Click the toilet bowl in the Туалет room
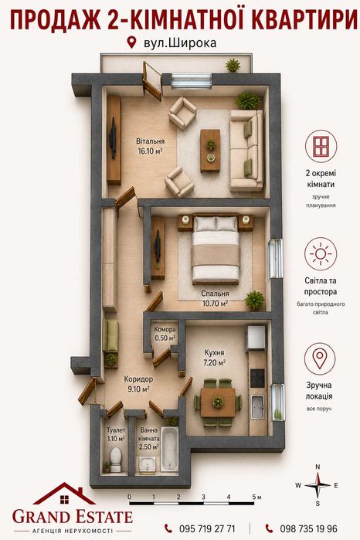(x=116, y=460)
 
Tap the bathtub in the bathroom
(x=169, y=450)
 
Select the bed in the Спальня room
(x=216, y=249)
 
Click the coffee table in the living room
(x=210, y=151)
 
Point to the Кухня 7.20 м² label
(x=214, y=358)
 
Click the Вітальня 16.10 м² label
(x=150, y=146)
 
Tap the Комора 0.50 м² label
(x=165, y=334)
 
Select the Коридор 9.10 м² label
(x=138, y=384)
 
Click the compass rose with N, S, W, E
(x=318, y=485)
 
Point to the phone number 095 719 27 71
(x=207, y=528)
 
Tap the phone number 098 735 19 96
(x=308, y=528)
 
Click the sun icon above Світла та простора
(x=321, y=254)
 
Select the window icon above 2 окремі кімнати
(x=321, y=146)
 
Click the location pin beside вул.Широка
(x=131, y=42)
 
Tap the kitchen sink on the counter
(x=257, y=406)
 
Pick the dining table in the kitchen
(x=218, y=402)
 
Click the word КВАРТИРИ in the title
(x=305, y=20)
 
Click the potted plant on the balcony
(x=233, y=66)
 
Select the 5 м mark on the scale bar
(x=256, y=497)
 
